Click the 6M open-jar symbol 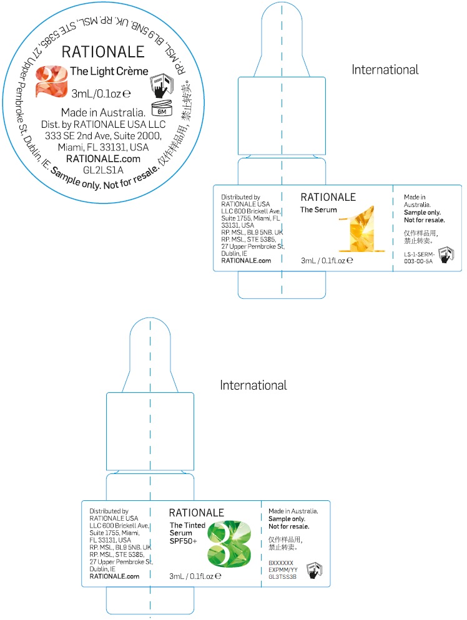[161, 109]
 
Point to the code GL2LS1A [104, 169]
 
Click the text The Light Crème [109, 72]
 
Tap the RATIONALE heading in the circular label [103, 52]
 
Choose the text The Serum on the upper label [318, 210]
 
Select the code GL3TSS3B [282, 577]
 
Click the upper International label [385, 69]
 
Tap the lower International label [253, 385]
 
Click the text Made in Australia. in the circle [103, 113]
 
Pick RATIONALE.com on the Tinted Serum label [114, 576]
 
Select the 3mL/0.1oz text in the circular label [101, 94]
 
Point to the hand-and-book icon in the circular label [160, 85]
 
